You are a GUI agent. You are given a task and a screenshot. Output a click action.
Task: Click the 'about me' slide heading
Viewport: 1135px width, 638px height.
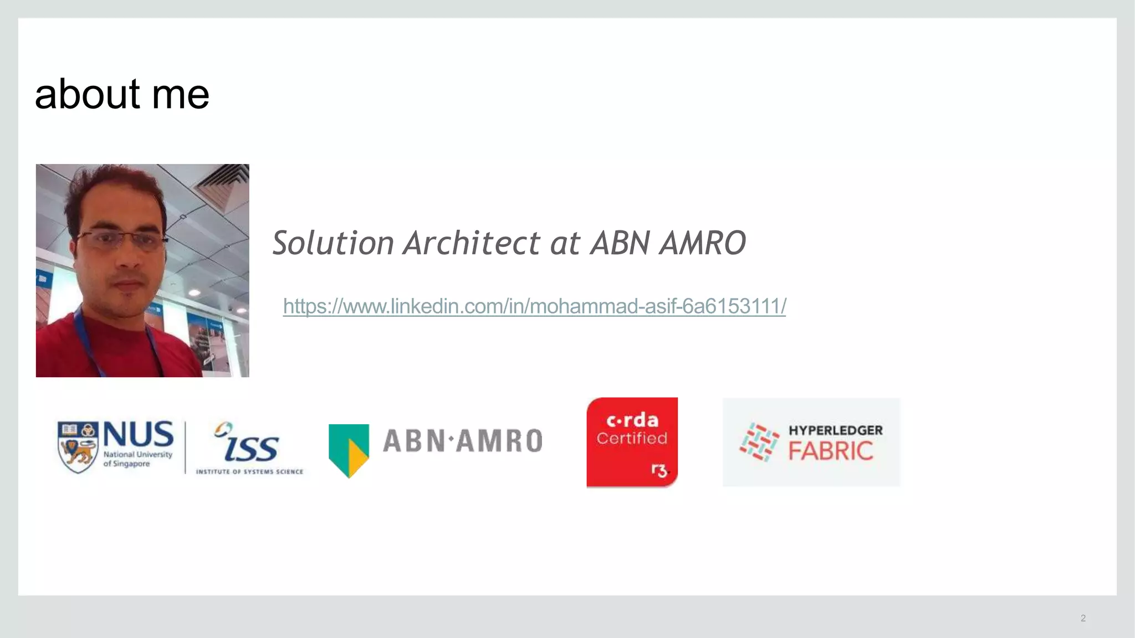pyautogui.click(x=122, y=94)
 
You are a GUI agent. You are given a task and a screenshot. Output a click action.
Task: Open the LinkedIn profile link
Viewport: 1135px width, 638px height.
pyautogui.click(x=534, y=306)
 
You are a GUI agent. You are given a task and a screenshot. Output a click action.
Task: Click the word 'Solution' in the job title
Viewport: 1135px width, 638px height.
pyautogui.click(x=333, y=243)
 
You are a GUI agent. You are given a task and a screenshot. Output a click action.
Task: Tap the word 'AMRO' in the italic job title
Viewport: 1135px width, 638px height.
pyautogui.click(x=702, y=243)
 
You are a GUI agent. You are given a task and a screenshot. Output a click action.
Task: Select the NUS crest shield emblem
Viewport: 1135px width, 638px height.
pyautogui.click(x=78, y=447)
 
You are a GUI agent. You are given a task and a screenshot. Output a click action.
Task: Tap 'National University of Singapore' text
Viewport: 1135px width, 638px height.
pyautogui.click(x=137, y=459)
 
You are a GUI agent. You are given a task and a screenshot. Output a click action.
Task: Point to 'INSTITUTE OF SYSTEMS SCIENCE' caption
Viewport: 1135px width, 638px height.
pyautogui.click(x=249, y=472)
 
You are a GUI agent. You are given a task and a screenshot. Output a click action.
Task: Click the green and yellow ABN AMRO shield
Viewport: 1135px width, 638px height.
pyautogui.click(x=349, y=450)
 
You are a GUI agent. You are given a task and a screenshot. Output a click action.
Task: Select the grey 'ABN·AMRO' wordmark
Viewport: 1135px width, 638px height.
pyautogui.click(x=462, y=441)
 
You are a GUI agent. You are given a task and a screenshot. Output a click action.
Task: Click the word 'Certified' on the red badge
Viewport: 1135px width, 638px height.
pyautogui.click(x=632, y=439)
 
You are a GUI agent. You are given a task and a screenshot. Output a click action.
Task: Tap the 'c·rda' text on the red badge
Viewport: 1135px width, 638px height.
pyautogui.click(x=632, y=420)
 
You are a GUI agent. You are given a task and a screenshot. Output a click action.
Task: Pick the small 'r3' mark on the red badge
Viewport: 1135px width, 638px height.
pyautogui.click(x=659, y=471)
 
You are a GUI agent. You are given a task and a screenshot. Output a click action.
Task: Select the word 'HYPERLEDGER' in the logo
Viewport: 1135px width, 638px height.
pyautogui.click(x=835, y=430)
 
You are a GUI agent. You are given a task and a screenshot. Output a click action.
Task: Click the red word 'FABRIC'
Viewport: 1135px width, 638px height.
pyautogui.click(x=830, y=451)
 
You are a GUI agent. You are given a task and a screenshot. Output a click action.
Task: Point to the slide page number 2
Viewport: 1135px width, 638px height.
pyautogui.click(x=1083, y=618)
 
